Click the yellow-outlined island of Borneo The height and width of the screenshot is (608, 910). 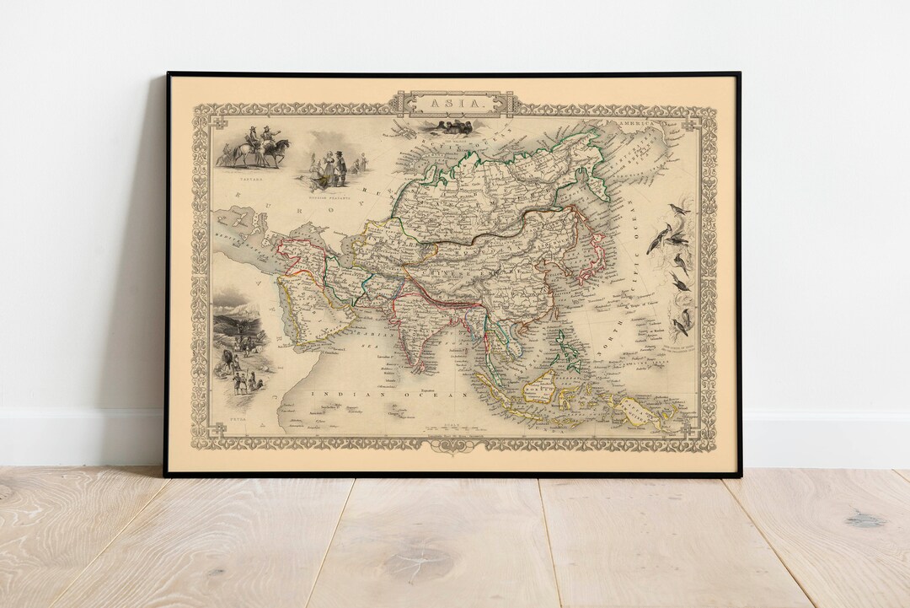point(540,387)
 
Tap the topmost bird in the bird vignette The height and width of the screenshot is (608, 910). point(677,208)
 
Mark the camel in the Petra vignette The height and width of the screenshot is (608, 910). point(229,362)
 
